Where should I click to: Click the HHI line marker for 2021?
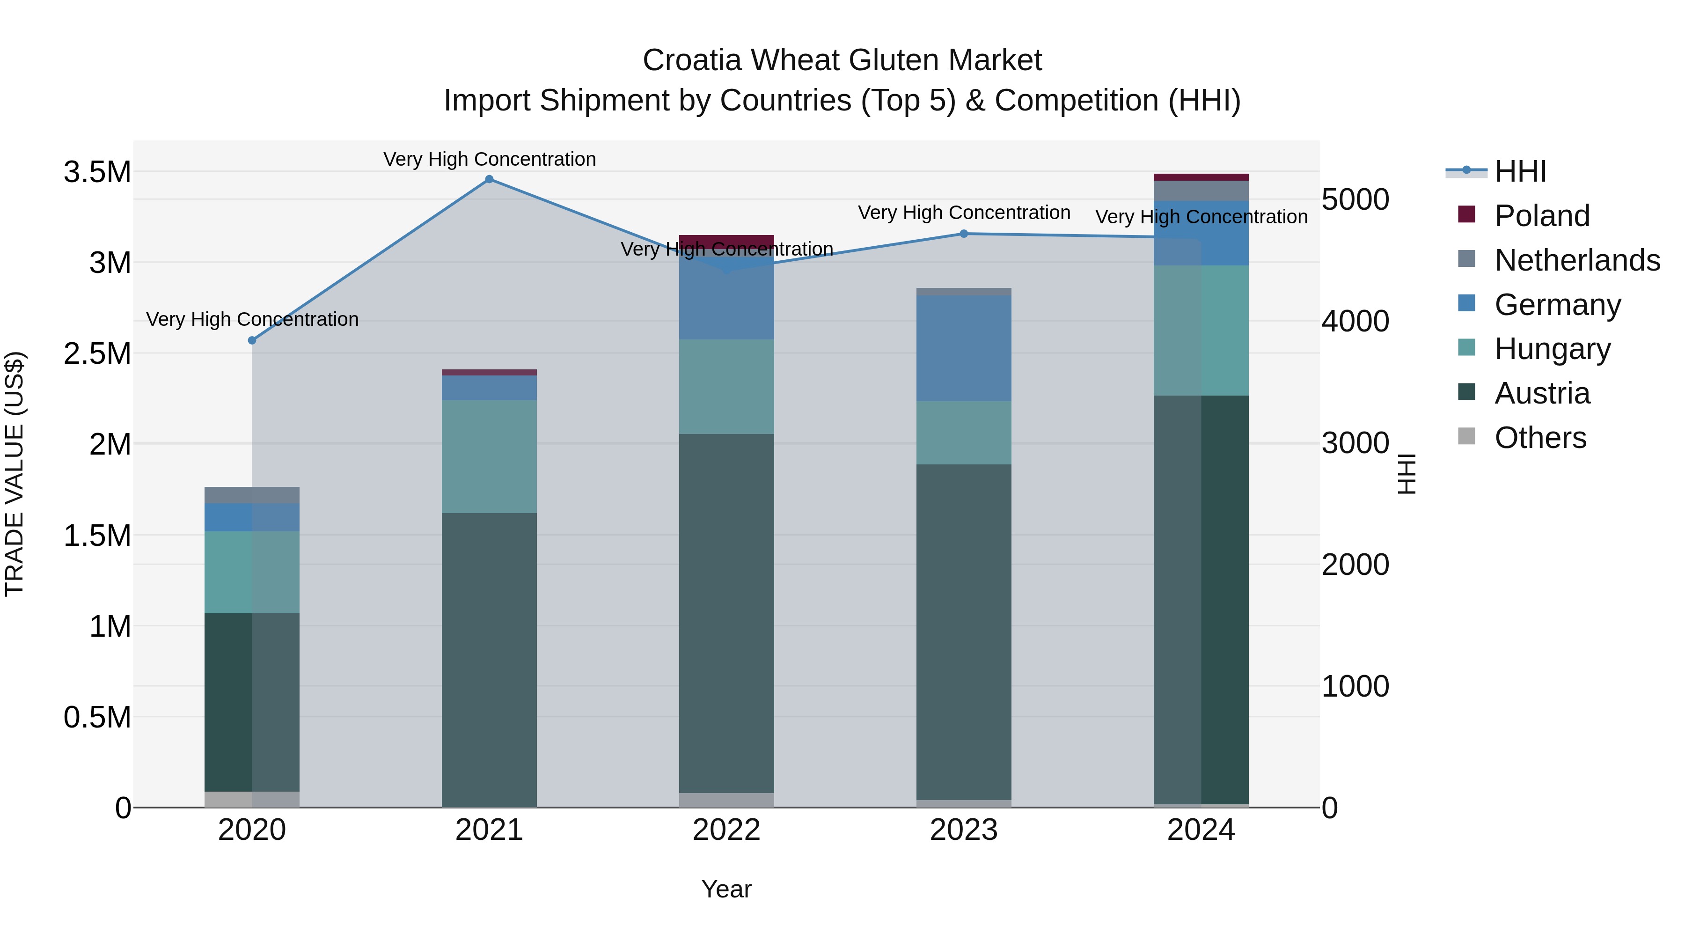pyautogui.click(x=489, y=179)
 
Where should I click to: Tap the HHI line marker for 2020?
pyautogui.click(x=252, y=340)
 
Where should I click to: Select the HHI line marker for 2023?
pyautogui.click(x=964, y=234)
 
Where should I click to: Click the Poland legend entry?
pyautogui.click(x=1542, y=216)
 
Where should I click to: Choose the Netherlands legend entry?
pyautogui.click(x=1576, y=260)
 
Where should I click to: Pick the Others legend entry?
pyautogui.click(x=1540, y=438)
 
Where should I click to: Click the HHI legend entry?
pyautogui.click(x=1520, y=171)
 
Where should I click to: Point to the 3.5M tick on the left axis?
pyautogui.click(x=97, y=172)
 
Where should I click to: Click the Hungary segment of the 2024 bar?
pyautogui.click(x=1201, y=331)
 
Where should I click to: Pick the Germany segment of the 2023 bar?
pyautogui.click(x=964, y=348)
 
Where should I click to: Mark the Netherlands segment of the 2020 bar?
pyautogui.click(x=252, y=495)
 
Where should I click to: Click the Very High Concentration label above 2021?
pyautogui.click(x=489, y=159)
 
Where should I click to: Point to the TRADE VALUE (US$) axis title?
pyautogui.click(x=15, y=474)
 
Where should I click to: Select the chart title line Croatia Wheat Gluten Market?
pyautogui.click(x=842, y=60)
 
